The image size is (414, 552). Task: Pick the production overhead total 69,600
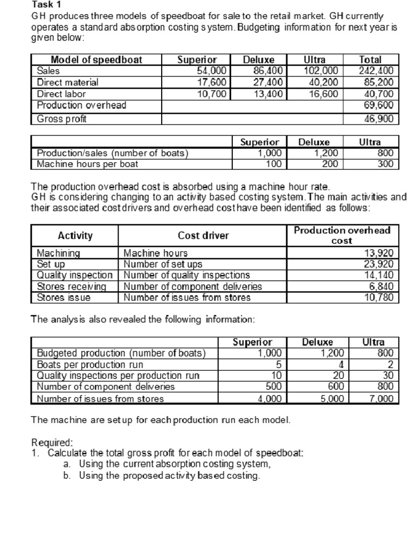click(381, 105)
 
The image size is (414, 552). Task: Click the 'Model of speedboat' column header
click(96, 59)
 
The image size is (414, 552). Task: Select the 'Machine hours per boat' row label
click(87, 164)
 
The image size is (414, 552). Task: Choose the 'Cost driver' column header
click(203, 236)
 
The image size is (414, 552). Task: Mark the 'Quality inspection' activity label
click(74, 275)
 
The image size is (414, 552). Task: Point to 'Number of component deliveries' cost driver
click(192, 286)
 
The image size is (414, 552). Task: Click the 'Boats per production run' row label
click(88, 364)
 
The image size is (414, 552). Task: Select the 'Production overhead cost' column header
click(342, 235)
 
